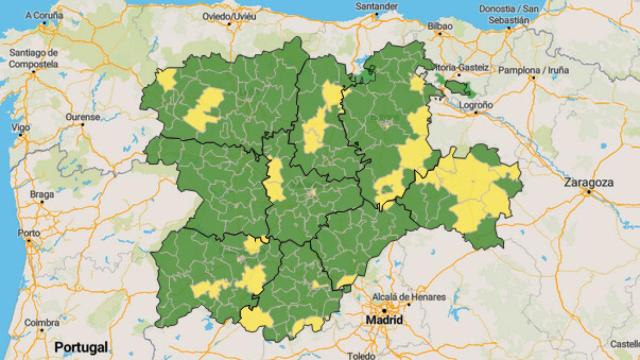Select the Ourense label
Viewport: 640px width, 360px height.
click(x=83, y=117)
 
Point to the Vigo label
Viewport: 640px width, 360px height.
click(x=21, y=129)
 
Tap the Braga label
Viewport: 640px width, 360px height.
click(x=42, y=193)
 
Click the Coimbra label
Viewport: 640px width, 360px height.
click(x=42, y=322)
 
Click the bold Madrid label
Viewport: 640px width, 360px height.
click(x=384, y=320)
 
